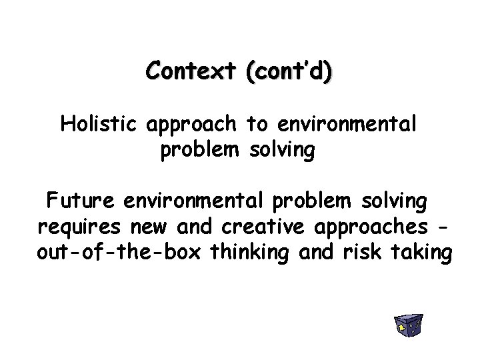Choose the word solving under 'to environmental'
[281, 151]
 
